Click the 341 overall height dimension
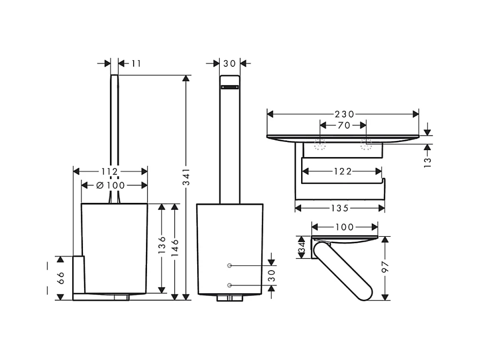186,177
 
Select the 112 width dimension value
110,172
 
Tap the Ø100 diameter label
111,185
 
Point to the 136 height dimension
162,244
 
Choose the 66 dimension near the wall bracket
61,278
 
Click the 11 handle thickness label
136,63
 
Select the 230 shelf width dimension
344,114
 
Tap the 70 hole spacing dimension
344,125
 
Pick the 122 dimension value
343,171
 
